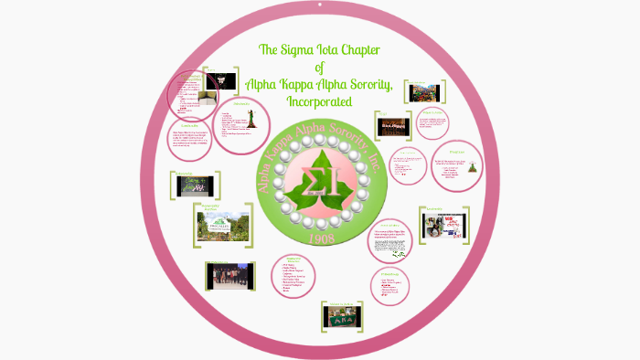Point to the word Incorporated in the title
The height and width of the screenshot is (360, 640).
pyautogui.click(x=319, y=101)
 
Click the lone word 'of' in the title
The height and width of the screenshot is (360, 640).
pyautogui.click(x=319, y=67)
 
